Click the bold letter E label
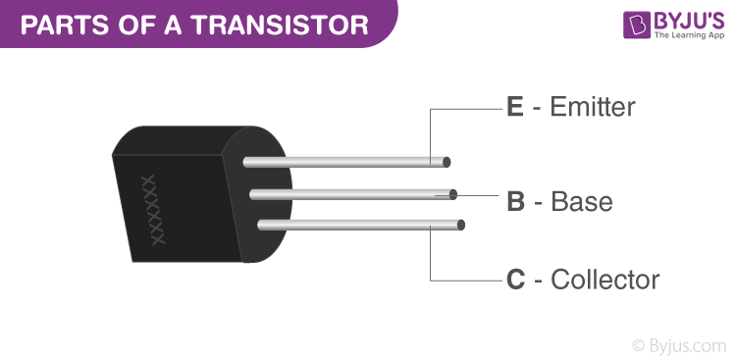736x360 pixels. (515, 107)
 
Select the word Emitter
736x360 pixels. (594, 107)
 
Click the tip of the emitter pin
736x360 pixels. (446, 161)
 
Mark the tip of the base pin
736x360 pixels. (453, 193)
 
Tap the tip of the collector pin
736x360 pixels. (460, 225)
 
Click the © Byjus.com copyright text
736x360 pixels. (680, 343)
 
